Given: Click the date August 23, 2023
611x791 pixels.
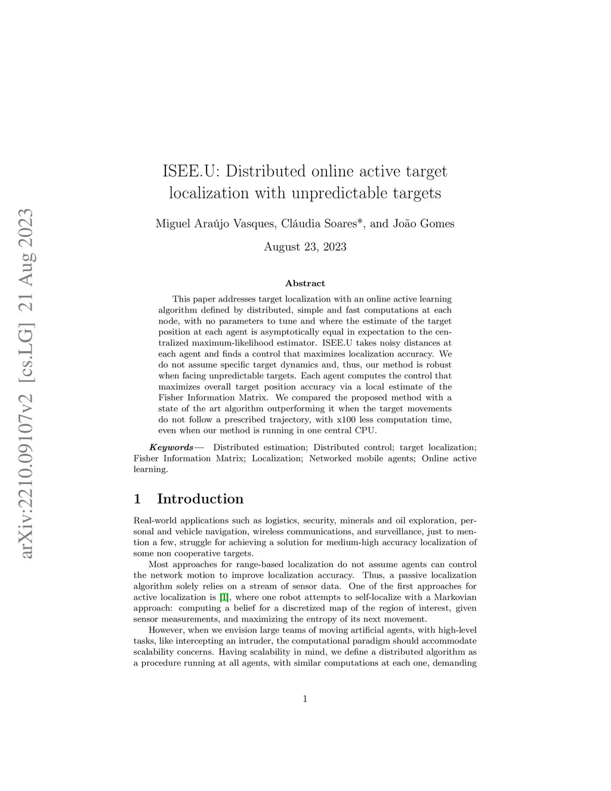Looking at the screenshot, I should (x=305, y=247).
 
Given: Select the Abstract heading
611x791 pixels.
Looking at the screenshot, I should (x=305, y=284).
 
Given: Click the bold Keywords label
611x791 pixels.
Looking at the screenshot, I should (x=171, y=447).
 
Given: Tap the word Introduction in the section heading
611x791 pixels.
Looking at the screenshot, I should (x=200, y=499).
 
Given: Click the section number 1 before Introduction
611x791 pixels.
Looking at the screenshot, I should (x=138, y=499).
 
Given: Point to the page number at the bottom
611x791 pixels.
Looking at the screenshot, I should (x=305, y=699).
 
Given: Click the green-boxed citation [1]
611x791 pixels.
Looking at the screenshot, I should (x=224, y=597).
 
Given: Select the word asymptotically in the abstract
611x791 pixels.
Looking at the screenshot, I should (x=408, y=332).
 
